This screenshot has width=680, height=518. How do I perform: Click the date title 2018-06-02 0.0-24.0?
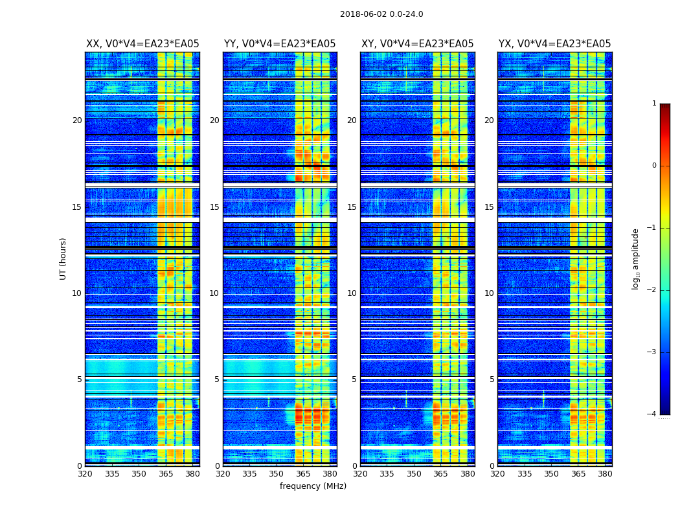[381, 14]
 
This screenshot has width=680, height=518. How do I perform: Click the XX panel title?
[142, 44]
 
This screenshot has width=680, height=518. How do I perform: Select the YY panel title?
[280, 44]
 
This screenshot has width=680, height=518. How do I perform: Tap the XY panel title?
[417, 44]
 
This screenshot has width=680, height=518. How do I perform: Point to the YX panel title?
[554, 44]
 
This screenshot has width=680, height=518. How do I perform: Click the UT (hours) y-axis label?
[63, 258]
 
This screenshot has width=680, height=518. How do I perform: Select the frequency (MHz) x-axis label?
[313, 486]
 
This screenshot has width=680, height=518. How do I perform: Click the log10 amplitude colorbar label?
[636, 258]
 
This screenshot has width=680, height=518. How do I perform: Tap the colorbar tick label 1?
[654, 104]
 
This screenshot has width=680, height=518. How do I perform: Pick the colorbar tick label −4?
[652, 414]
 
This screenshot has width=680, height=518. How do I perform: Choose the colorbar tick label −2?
[652, 290]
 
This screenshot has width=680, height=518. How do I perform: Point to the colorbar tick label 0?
[654, 166]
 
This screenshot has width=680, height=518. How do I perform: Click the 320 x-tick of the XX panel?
[85, 474]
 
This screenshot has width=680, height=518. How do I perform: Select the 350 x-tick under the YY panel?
[277, 474]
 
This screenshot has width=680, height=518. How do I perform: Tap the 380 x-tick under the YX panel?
[605, 474]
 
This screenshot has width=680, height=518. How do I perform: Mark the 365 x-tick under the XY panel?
[440, 474]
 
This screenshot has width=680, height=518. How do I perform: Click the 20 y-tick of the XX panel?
[77, 120]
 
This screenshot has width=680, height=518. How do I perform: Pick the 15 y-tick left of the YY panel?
[214, 207]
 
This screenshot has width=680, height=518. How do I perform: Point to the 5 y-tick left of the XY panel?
[354, 379]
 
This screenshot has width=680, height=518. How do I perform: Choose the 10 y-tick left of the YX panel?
[489, 293]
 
